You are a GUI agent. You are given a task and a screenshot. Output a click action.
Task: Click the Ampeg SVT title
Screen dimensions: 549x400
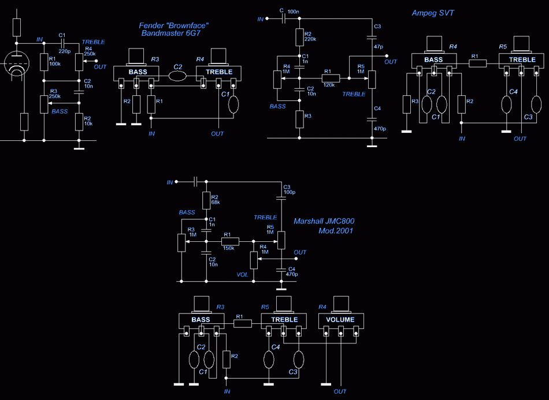click(x=433, y=13)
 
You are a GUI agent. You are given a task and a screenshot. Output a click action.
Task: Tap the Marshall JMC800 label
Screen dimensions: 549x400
click(x=324, y=221)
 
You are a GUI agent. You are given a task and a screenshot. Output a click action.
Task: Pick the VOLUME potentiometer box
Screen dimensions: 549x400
click(x=341, y=320)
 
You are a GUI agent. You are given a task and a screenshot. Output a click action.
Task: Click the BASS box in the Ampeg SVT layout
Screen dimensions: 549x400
click(x=434, y=60)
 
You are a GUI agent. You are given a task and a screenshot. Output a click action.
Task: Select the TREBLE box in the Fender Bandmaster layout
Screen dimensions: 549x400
click(x=219, y=72)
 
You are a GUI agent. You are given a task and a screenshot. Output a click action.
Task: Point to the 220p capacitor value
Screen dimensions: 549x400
click(x=64, y=51)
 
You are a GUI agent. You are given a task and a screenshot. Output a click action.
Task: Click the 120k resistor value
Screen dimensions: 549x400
click(x=329, y=85)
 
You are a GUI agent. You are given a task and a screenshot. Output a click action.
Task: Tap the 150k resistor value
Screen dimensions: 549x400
click(x=229, y=248)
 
